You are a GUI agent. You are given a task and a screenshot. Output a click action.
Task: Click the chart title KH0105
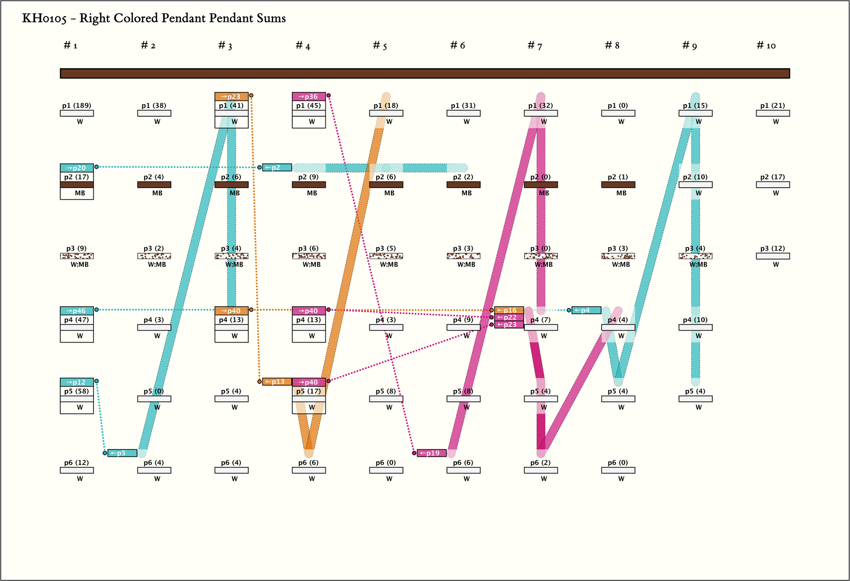click(x=154, y=19)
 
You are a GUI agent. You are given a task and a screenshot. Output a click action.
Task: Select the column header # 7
click(x=535, y=46)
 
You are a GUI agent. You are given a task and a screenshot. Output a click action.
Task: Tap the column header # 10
click(x=766, y=46)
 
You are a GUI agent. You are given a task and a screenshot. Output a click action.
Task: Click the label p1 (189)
click(x=77, y=105)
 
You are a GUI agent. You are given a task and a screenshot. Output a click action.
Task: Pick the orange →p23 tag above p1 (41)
click(x=231, y=96)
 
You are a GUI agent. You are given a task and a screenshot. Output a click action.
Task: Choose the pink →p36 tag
click(x=308, y=96)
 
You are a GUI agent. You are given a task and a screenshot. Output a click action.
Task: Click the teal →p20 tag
click(x=77, y=168)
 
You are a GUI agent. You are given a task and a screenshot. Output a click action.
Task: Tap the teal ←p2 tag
click(x=277, y=168)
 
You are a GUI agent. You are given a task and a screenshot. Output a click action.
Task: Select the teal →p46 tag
click(x=77, y=311)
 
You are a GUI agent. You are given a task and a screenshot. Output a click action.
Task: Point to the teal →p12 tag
click(x=77, y=382)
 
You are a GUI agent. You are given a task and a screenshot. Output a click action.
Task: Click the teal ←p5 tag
click(x=122, y=453)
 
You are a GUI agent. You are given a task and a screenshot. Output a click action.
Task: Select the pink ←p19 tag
click(x=432, y=453)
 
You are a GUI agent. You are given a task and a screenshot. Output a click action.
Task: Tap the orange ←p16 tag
click(x=509, y=310)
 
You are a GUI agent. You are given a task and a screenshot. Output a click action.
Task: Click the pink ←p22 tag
click(x=509, y=317)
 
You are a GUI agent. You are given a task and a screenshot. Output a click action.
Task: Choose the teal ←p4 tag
click(x=586, y=310)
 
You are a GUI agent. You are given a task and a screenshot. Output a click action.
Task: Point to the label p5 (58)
click(x=77, y=391)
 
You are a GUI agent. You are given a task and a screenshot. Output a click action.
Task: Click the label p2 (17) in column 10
click(x=772, y=177)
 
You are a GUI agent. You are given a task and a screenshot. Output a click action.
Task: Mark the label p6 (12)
click(x=77, y=463)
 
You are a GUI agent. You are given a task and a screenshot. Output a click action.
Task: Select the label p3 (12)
click(x=772, y=248)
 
